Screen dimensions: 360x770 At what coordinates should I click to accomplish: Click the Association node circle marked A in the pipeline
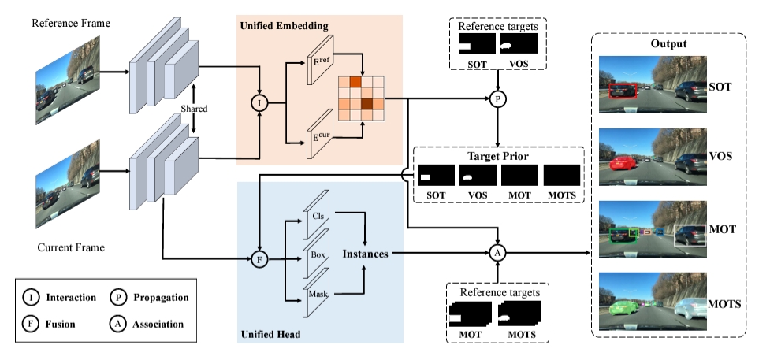coord(497,253)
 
